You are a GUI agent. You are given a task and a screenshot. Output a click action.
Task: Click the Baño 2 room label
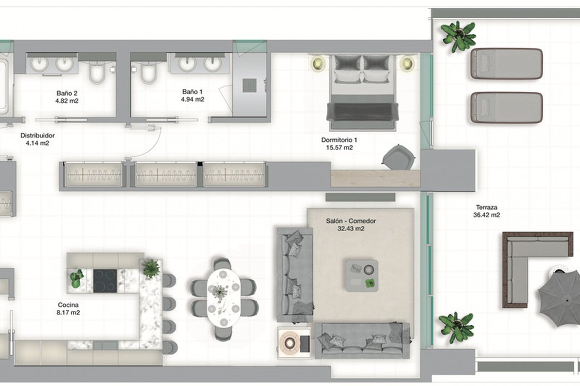click(67, 93)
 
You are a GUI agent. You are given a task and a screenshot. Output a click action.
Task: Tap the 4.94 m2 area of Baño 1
click(192, 99)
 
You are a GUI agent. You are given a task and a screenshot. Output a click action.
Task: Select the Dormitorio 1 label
click(339, 140)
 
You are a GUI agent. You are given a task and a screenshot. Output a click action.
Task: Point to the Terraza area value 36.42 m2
click(487, 215)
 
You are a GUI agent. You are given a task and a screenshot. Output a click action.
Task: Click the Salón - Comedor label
click(351, 221)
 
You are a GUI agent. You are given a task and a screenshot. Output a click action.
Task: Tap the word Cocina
click(68, 305)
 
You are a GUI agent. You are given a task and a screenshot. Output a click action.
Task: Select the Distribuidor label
click(38, 135)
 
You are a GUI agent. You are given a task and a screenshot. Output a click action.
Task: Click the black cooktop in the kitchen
click(105, 281)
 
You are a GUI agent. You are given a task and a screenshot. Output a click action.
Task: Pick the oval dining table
click(224, 298)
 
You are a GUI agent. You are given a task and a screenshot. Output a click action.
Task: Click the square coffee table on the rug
click(362, 276)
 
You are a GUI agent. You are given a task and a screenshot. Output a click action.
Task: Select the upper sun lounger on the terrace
click(507, 64)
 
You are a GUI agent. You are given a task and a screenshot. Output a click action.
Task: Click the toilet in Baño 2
click(97, 73)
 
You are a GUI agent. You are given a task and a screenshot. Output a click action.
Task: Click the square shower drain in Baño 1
click(249, 85)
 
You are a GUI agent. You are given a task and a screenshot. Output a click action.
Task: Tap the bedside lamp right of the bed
click(406, 63)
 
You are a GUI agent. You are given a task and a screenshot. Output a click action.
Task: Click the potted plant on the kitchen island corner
click(151, 269)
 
